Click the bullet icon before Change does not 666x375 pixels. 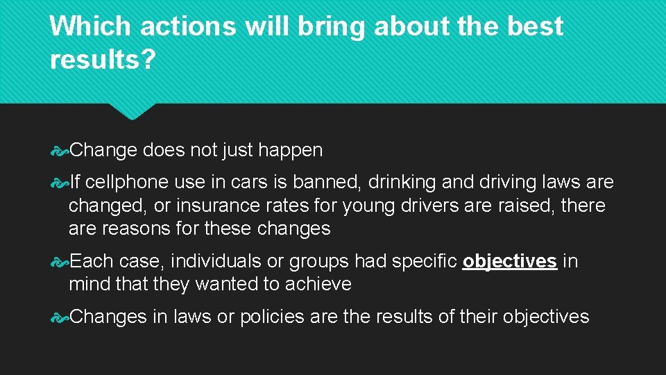[x=60, y=150]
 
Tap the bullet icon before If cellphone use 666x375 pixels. [x=60, y=183]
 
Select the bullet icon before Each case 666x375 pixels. [x=60, y=262]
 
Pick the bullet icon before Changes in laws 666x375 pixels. [x=60, y=317]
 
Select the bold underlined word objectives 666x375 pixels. [x=510, y=262]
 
